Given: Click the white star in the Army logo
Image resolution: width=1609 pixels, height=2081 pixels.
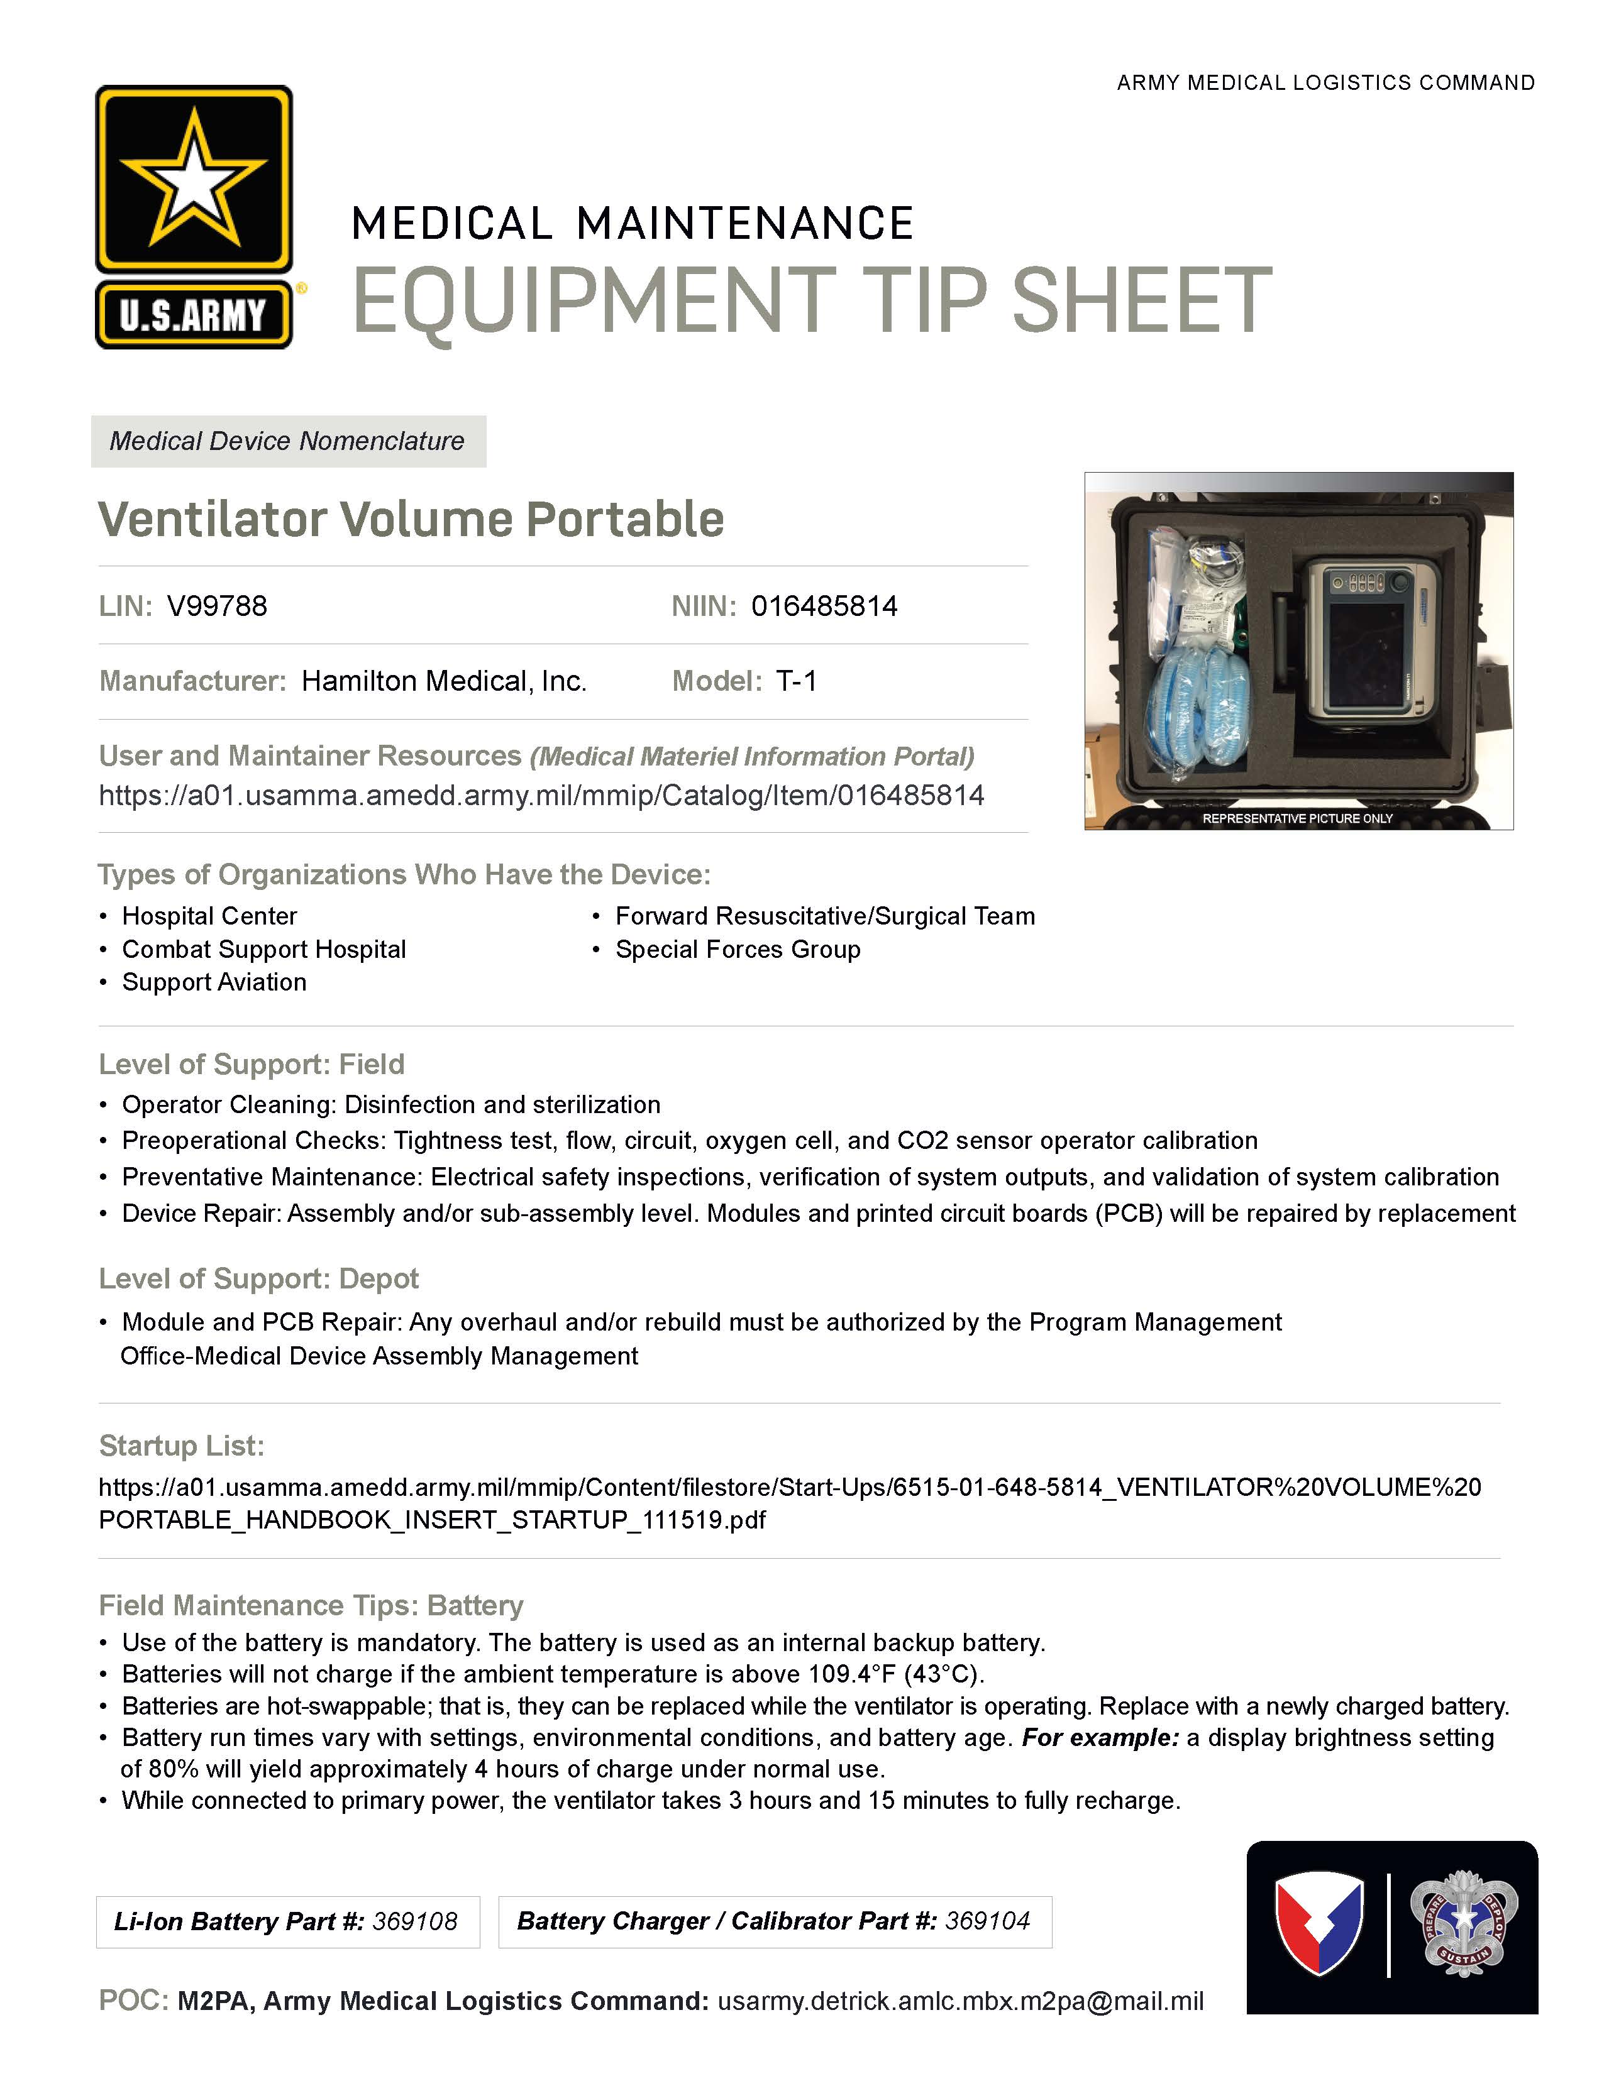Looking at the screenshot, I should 194,178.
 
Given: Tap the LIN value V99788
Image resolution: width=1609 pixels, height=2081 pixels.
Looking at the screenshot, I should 218,606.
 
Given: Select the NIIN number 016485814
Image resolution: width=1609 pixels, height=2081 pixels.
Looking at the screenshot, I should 824,606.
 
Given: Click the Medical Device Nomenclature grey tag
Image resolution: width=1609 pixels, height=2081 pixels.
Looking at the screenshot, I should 288,441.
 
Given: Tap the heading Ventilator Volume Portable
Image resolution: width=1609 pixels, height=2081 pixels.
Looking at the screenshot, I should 411,519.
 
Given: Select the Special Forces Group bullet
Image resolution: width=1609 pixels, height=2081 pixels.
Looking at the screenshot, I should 738,950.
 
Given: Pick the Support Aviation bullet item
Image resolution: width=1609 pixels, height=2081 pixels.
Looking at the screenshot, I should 214,982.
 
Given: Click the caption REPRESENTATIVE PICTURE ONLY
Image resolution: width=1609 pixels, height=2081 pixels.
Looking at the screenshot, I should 1297,818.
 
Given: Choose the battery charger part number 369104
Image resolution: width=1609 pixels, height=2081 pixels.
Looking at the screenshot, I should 988,1921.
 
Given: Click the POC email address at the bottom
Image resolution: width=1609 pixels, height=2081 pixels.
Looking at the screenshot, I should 961,2001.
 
